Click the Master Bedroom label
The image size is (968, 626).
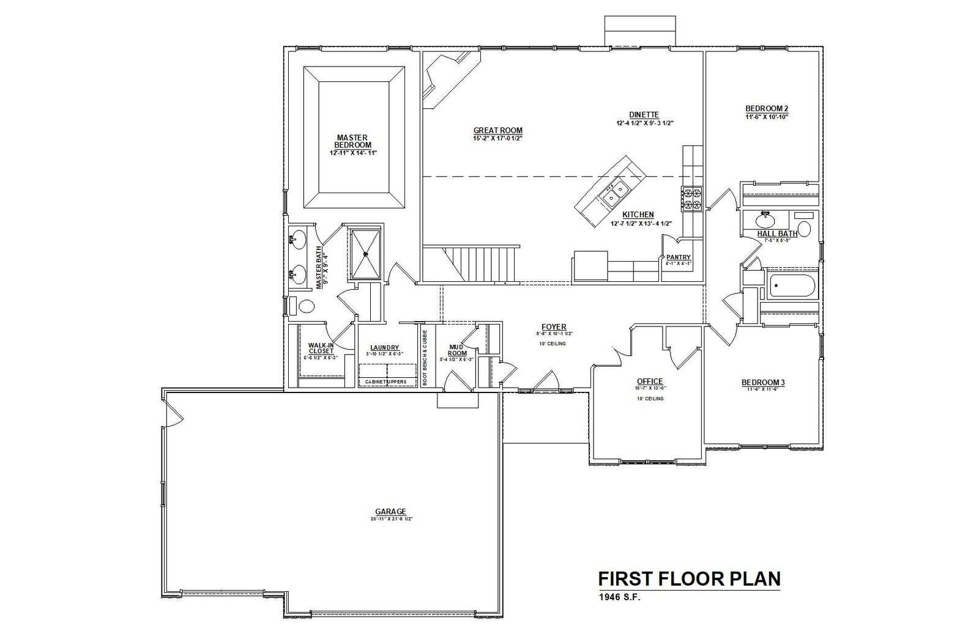(352, 141)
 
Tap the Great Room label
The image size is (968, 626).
(497, 130)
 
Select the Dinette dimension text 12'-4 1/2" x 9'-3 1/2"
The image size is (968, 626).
(644, 123)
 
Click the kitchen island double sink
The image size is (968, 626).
(614, 193)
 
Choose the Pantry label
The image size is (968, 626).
(678, 257)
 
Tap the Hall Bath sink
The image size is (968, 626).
(764, 219)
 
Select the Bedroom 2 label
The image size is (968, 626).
(766, 108)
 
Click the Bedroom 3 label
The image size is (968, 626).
(762, 383)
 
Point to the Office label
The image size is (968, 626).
(649, 381)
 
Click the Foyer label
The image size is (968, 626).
(553, 327)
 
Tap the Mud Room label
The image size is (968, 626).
(457, 350)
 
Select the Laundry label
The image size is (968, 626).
(384, 347)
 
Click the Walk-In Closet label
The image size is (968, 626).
(321, 348)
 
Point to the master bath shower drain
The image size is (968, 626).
(367, 253)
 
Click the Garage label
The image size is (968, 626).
(390, 512)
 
